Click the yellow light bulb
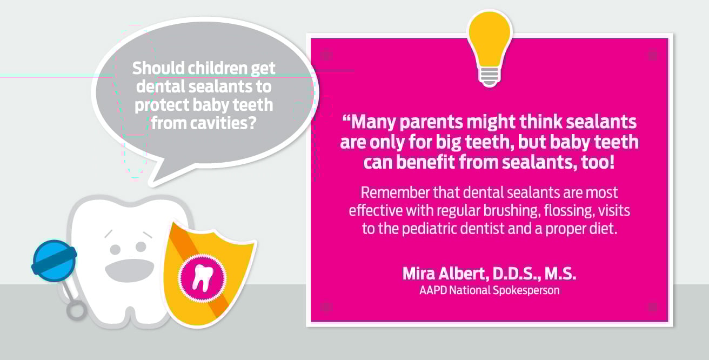pyautogui.click(x=490, y=48)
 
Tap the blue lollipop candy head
pyautogui.click(x=54, y=260)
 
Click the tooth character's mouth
pyautogui.click(x=130, y=270)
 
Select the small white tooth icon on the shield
pyautogui.click(x=203, y=278)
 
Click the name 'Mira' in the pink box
pyautogui.click(x=419, y=273)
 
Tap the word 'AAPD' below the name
pyautogui.click(x=433, y=290)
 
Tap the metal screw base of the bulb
pyautogui.click(x=490, y=77)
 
